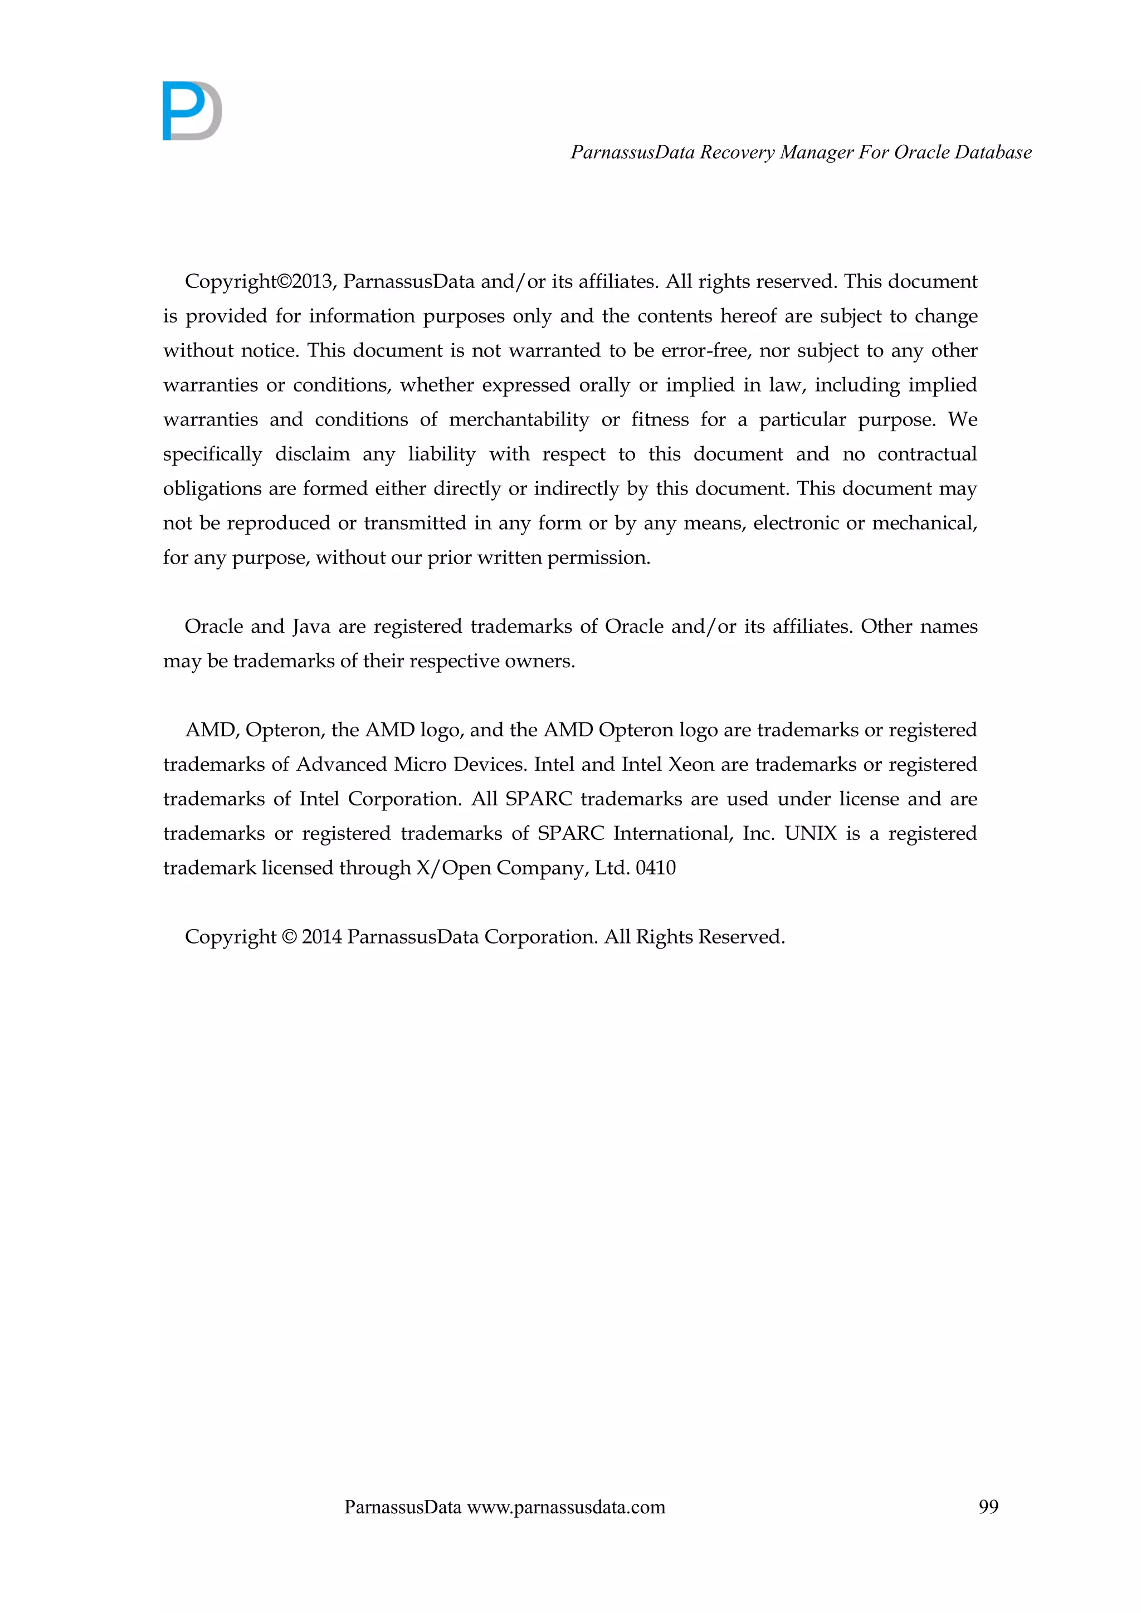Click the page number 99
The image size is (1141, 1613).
(988, 1506)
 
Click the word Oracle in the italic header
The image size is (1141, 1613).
(918, 153)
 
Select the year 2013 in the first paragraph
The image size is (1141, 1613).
(312, 282)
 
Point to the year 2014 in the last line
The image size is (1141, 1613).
(322, 937)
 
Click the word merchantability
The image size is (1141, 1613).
(519, 420)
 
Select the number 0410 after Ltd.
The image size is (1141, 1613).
(656, 868)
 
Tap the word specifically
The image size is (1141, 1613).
(212, 454)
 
